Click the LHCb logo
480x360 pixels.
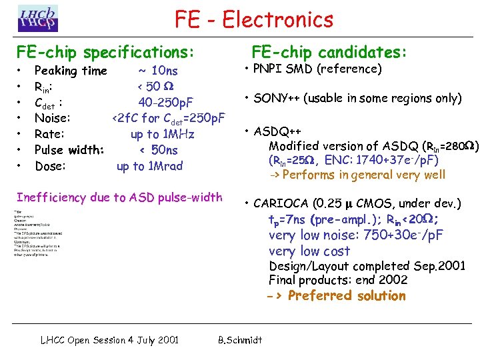38,19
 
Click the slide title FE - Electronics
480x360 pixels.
254,19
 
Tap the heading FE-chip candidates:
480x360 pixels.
329,52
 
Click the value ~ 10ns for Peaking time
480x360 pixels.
158,71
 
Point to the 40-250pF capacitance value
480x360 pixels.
166,102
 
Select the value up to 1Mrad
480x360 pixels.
149,166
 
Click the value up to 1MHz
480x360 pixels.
163,134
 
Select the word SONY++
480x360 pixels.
275,99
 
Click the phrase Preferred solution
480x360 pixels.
347,295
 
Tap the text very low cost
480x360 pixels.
309,251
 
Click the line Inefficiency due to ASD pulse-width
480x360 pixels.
119,197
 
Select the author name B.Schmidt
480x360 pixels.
240,340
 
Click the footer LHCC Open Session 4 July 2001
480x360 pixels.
109,340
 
